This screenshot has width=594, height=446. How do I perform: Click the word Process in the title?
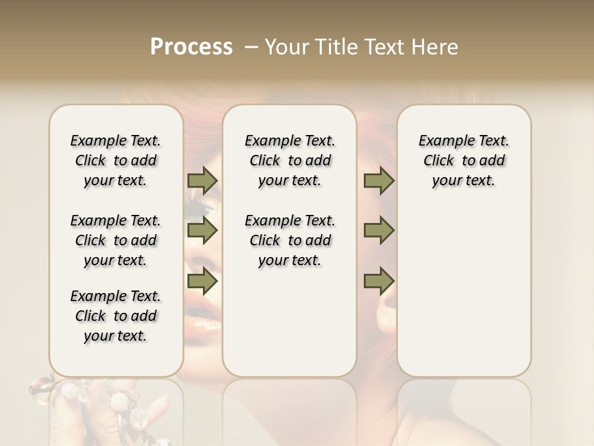point(191,47)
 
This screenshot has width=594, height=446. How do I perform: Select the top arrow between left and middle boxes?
point(202,181)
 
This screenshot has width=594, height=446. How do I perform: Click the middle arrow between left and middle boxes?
point(202,230)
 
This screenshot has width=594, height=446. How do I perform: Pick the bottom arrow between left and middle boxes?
point(202,281)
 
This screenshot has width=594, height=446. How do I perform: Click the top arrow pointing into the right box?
point(379,181)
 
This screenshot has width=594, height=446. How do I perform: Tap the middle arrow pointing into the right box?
point(379,230)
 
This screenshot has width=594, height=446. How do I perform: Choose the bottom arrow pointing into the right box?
point(379,281)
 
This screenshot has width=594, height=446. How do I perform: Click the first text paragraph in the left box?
point(116,160)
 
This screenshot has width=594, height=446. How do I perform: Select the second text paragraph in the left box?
point(116,240)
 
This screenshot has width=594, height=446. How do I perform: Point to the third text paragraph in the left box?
point(116,316)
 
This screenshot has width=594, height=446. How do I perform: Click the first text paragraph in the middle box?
point(290,160)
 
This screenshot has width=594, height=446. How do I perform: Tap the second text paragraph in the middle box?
point(290,240)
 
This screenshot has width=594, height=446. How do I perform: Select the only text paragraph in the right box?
point(463,160)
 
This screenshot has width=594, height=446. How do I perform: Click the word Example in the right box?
point(441,141)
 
